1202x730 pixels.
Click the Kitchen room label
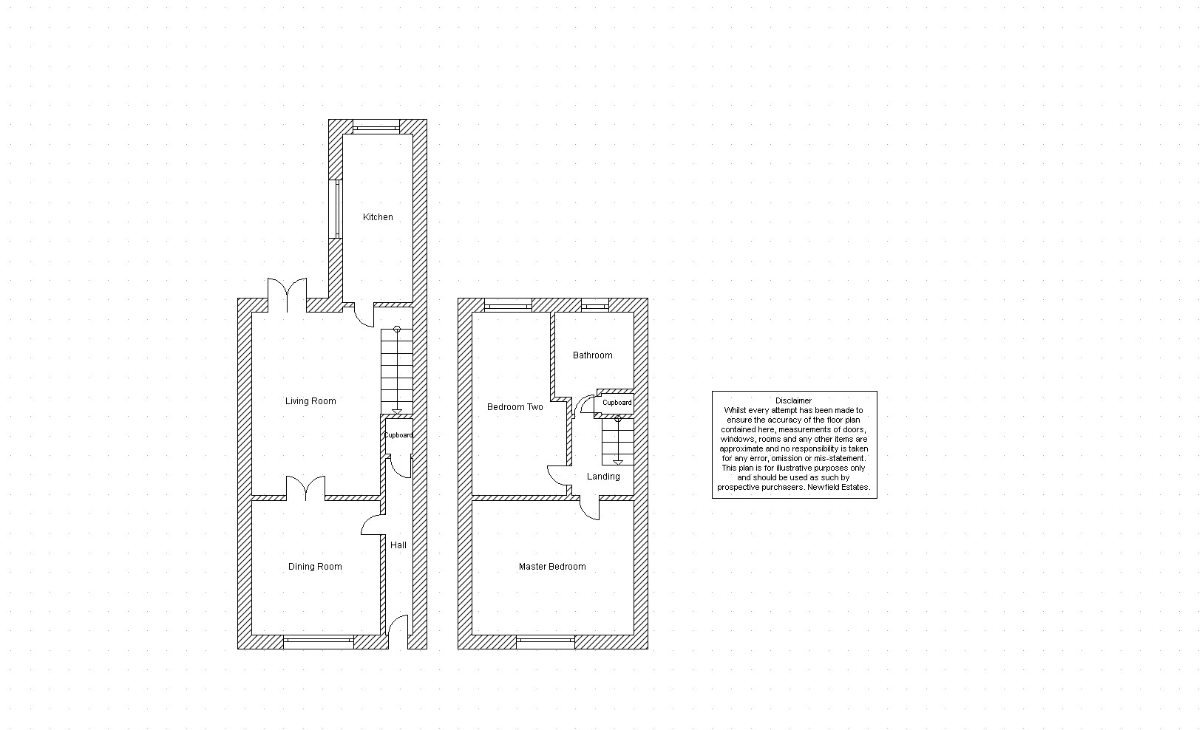point(378,217)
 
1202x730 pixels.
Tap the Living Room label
point(310,401)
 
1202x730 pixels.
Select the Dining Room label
point(315,567)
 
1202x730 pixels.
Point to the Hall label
point(398,545)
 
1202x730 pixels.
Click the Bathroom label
point(592,355)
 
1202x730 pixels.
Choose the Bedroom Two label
point(515,407)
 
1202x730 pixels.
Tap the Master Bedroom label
point(552,567)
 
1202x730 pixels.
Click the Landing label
point(603,477)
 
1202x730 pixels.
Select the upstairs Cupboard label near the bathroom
point(617,402)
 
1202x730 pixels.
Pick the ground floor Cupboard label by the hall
point(398,435)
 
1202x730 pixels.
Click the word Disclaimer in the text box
point(794,400)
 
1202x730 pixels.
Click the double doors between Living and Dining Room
point(305,488)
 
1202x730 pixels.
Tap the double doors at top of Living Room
point(287,295)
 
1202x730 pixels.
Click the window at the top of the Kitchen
point(376,126)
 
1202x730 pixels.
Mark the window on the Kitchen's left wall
point(336,208)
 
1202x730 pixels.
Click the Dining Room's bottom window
point(319,641)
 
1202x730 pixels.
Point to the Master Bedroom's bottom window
point(546,641)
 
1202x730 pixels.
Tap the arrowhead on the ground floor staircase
point(396,412)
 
